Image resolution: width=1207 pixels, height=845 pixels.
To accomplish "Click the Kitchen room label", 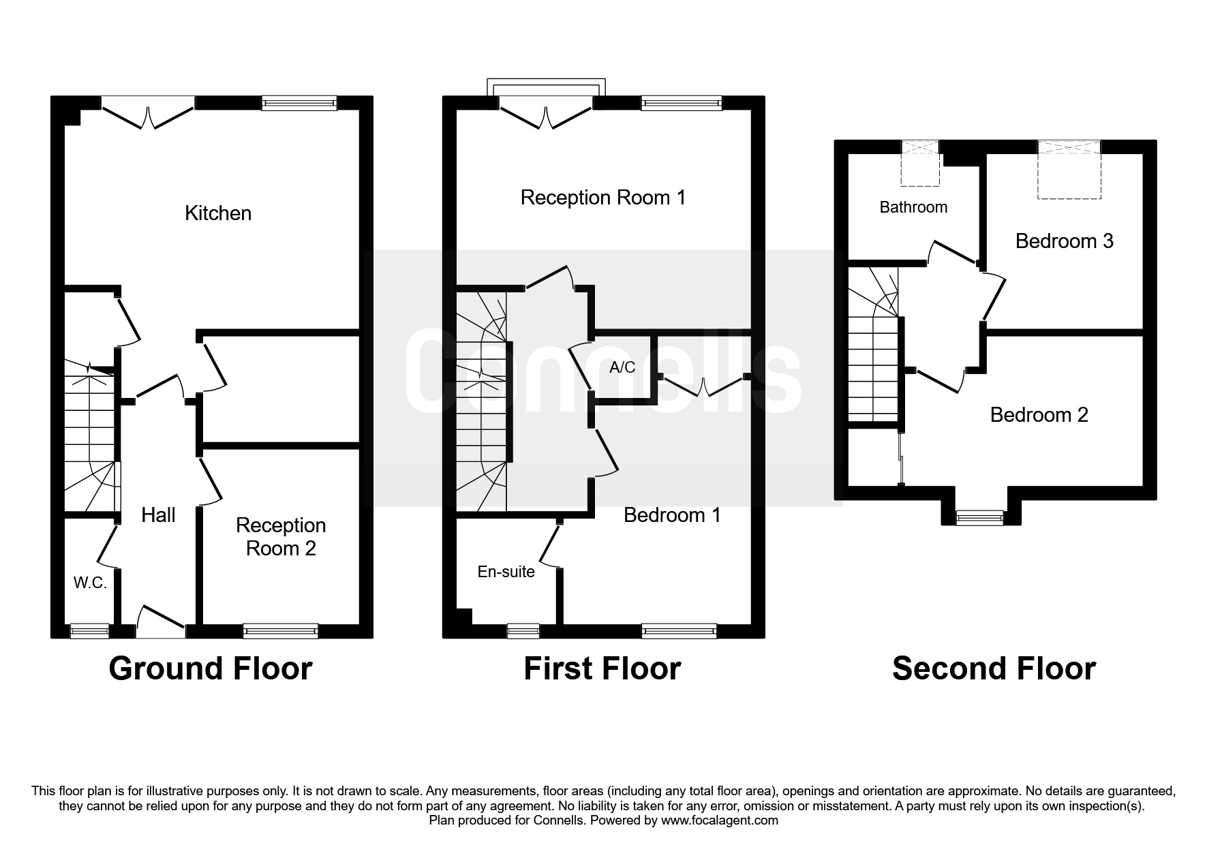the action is [218, 213].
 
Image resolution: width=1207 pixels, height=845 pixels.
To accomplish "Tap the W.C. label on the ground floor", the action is [90, 583].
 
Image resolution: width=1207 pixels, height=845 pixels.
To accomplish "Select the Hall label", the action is [158, 515].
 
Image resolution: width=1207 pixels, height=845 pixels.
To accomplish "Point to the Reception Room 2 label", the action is [281, 537].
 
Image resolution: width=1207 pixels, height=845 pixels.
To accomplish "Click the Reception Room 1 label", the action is [603, 198].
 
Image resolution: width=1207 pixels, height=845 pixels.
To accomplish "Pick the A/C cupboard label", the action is [622, 368].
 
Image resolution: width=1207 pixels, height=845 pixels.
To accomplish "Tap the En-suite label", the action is [506, 572].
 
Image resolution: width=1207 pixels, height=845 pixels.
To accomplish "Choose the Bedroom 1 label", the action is [672, 515].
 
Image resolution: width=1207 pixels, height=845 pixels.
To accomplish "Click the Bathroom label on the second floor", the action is [913, 207].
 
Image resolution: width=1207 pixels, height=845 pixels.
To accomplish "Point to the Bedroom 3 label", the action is [1065, 241].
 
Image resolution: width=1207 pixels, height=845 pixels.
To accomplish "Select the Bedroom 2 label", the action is [1039, 415].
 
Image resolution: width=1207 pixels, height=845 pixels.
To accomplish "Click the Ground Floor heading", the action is [211, 669].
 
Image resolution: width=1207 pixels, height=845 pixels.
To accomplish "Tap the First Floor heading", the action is [602, 669].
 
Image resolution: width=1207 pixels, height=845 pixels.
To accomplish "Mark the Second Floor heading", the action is [994, 669].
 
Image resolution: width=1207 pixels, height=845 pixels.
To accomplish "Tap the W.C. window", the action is [90, 632].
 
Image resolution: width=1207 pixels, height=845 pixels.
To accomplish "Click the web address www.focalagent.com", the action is [720, 820].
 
